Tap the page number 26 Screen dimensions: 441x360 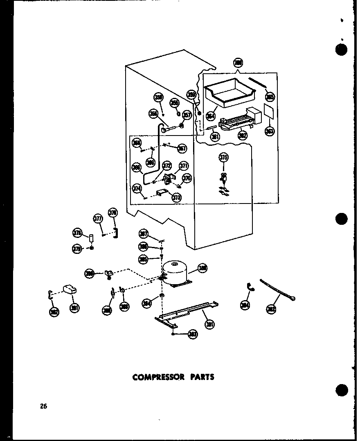pyautogui.click(x=44, y=406)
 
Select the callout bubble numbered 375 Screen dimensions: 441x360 pyautogui.click(x=224, y=158)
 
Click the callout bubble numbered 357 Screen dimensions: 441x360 pyautogui.click(x=187, y=115)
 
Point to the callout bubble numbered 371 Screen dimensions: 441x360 pyautogui.click(x=184, y=166)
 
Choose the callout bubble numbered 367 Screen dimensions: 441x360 pyautogui.click(x=182, y=148)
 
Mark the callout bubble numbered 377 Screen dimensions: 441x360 pyautogui.click(x=98, y=218)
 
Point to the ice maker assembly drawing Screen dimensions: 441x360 pyautogui.click(x=239, y=121)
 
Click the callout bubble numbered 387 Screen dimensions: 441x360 pyautogui.click(x=143, y=234)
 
